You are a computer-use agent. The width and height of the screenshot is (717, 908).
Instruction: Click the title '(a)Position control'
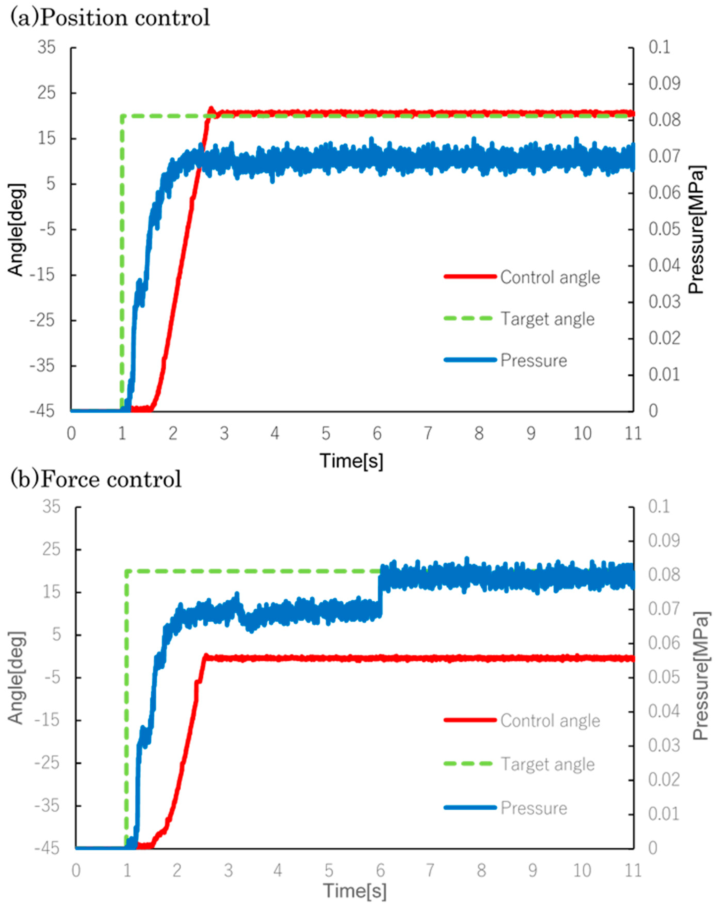[110, 18]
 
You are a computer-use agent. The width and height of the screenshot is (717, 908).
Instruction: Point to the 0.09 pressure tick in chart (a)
[664, 83]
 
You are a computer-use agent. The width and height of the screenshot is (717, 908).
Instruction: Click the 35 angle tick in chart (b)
[51, 507]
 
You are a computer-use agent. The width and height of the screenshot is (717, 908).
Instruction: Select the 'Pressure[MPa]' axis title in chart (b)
[700, 675]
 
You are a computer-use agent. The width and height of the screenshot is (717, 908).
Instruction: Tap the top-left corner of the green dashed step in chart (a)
[122, 116]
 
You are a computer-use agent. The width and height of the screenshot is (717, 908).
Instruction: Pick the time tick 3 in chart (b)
[228, 871]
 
